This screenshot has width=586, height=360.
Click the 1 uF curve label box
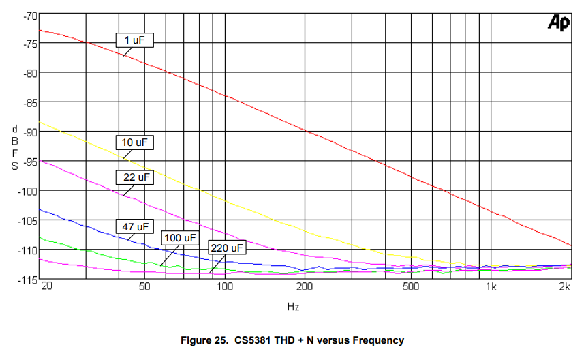134,41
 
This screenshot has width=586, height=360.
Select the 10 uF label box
134,142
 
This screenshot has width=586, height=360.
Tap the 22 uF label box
134,177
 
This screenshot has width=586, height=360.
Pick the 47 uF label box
134,226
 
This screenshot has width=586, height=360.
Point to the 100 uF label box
179,237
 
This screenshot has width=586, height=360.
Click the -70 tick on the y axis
29,14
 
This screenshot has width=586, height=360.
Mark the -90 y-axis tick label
29,132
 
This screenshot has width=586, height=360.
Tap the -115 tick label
28,280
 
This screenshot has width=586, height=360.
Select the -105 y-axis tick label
28,220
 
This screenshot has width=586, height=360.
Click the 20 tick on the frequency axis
47,287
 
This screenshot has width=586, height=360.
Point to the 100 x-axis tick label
225,287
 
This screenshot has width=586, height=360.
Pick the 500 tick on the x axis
410,287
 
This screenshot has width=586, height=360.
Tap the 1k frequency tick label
491,287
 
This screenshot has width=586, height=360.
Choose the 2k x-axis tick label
565,287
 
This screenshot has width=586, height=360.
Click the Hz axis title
293,307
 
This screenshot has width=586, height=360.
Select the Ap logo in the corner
559,23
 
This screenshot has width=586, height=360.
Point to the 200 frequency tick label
305,287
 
